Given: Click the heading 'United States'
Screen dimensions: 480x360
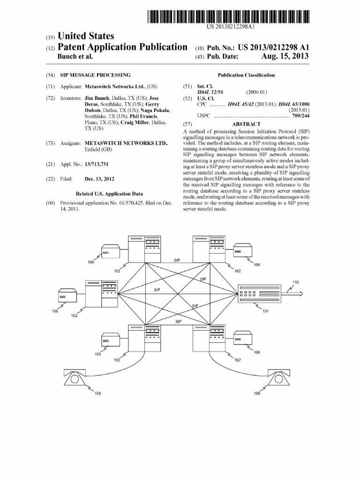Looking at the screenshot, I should (85, 36).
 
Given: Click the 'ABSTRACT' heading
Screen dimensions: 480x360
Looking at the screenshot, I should (246, 124).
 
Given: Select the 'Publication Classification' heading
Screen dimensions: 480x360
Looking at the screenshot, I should (246, 75).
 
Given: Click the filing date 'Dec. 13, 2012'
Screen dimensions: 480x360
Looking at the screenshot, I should (99, 179).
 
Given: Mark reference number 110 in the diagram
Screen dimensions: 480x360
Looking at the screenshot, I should (295, 282).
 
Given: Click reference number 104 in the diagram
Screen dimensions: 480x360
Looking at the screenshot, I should (265, 311).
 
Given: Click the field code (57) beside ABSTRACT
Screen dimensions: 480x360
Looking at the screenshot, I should (187, 124).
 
